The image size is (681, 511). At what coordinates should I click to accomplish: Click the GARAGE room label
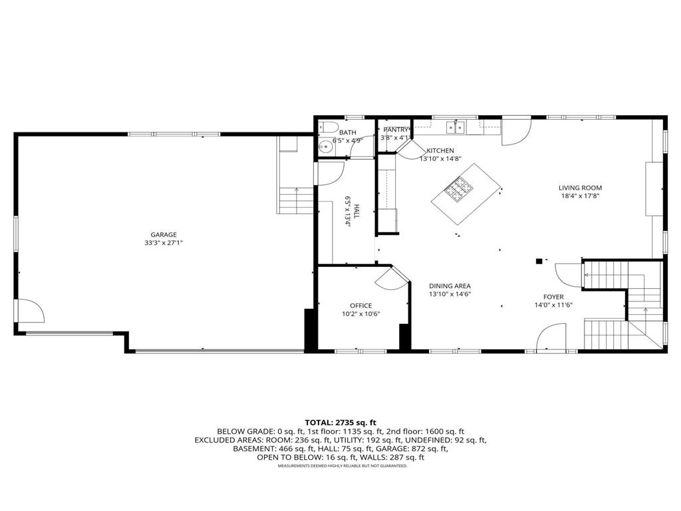(x=163, y=234)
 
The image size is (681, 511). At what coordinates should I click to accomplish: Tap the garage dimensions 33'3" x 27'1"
(x=163, y=243)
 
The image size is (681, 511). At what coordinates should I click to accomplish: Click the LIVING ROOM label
(x=580, y=188)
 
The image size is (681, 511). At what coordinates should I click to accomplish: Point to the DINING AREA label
(x=450, y=286)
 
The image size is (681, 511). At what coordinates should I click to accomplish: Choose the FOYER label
(x=553, y=297)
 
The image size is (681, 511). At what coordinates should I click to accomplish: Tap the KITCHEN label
(x=440, y=151)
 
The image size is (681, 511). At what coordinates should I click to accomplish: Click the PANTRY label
(x=395, y=129)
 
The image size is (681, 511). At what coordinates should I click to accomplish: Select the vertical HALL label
(x=356, y=212)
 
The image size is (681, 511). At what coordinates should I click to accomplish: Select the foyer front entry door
(x=551, y=337)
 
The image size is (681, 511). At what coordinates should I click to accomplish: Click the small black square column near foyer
(x=539, y=261)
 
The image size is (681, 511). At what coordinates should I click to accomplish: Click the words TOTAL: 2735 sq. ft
(x=340, y=423)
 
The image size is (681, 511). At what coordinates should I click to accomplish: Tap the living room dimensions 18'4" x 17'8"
(x=580, y=196)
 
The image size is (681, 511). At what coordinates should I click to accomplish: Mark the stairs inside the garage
(x=295, y=200)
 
